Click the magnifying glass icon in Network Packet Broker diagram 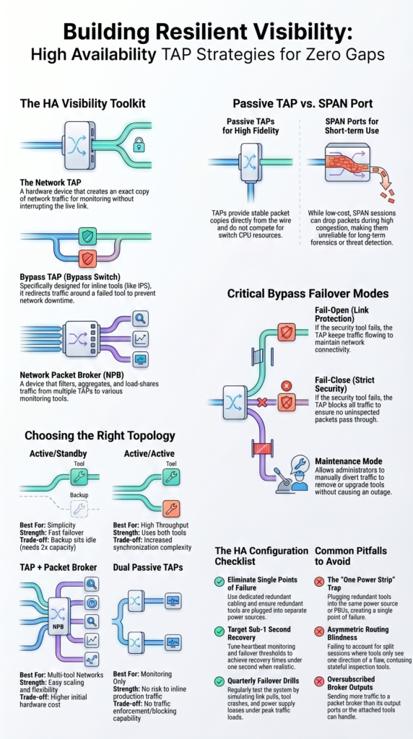pyautogui.click(x=141, y=318)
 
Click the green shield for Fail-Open pyautogui.click(x=286, y=332)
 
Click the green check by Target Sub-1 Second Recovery pyautogui.click(x=219, y=631)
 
